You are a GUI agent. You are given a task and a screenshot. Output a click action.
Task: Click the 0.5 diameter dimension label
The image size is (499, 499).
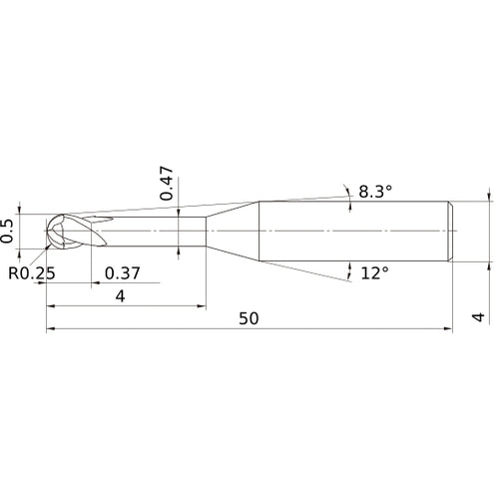click(x=9, y=232)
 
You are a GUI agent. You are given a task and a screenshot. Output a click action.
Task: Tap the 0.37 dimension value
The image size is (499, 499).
click(x=122, y=272)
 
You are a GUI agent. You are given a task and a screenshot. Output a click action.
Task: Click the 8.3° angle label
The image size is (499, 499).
click(x=375, y=191)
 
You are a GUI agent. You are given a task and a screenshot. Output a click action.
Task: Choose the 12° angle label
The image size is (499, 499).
click(x=374, y=272)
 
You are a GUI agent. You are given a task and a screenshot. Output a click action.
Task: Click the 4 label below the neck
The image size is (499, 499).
click(x=120, y=296)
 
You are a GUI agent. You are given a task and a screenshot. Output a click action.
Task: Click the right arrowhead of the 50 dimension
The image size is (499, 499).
click(x=451, y=328)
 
